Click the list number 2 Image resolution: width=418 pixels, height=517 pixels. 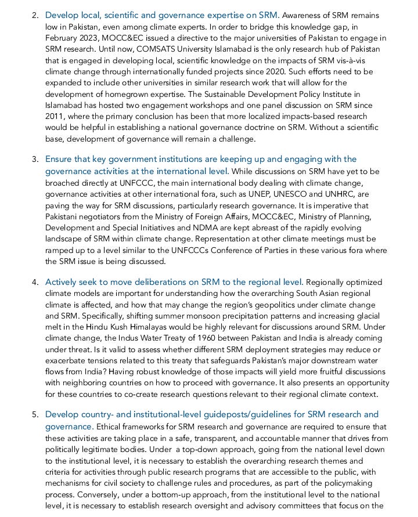(x=34, y=16)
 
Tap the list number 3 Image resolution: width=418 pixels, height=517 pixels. (x=34, y=159)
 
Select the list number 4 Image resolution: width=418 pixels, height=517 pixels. (x=34, y=283)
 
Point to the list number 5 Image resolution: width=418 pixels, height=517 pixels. (x=34, y=415)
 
